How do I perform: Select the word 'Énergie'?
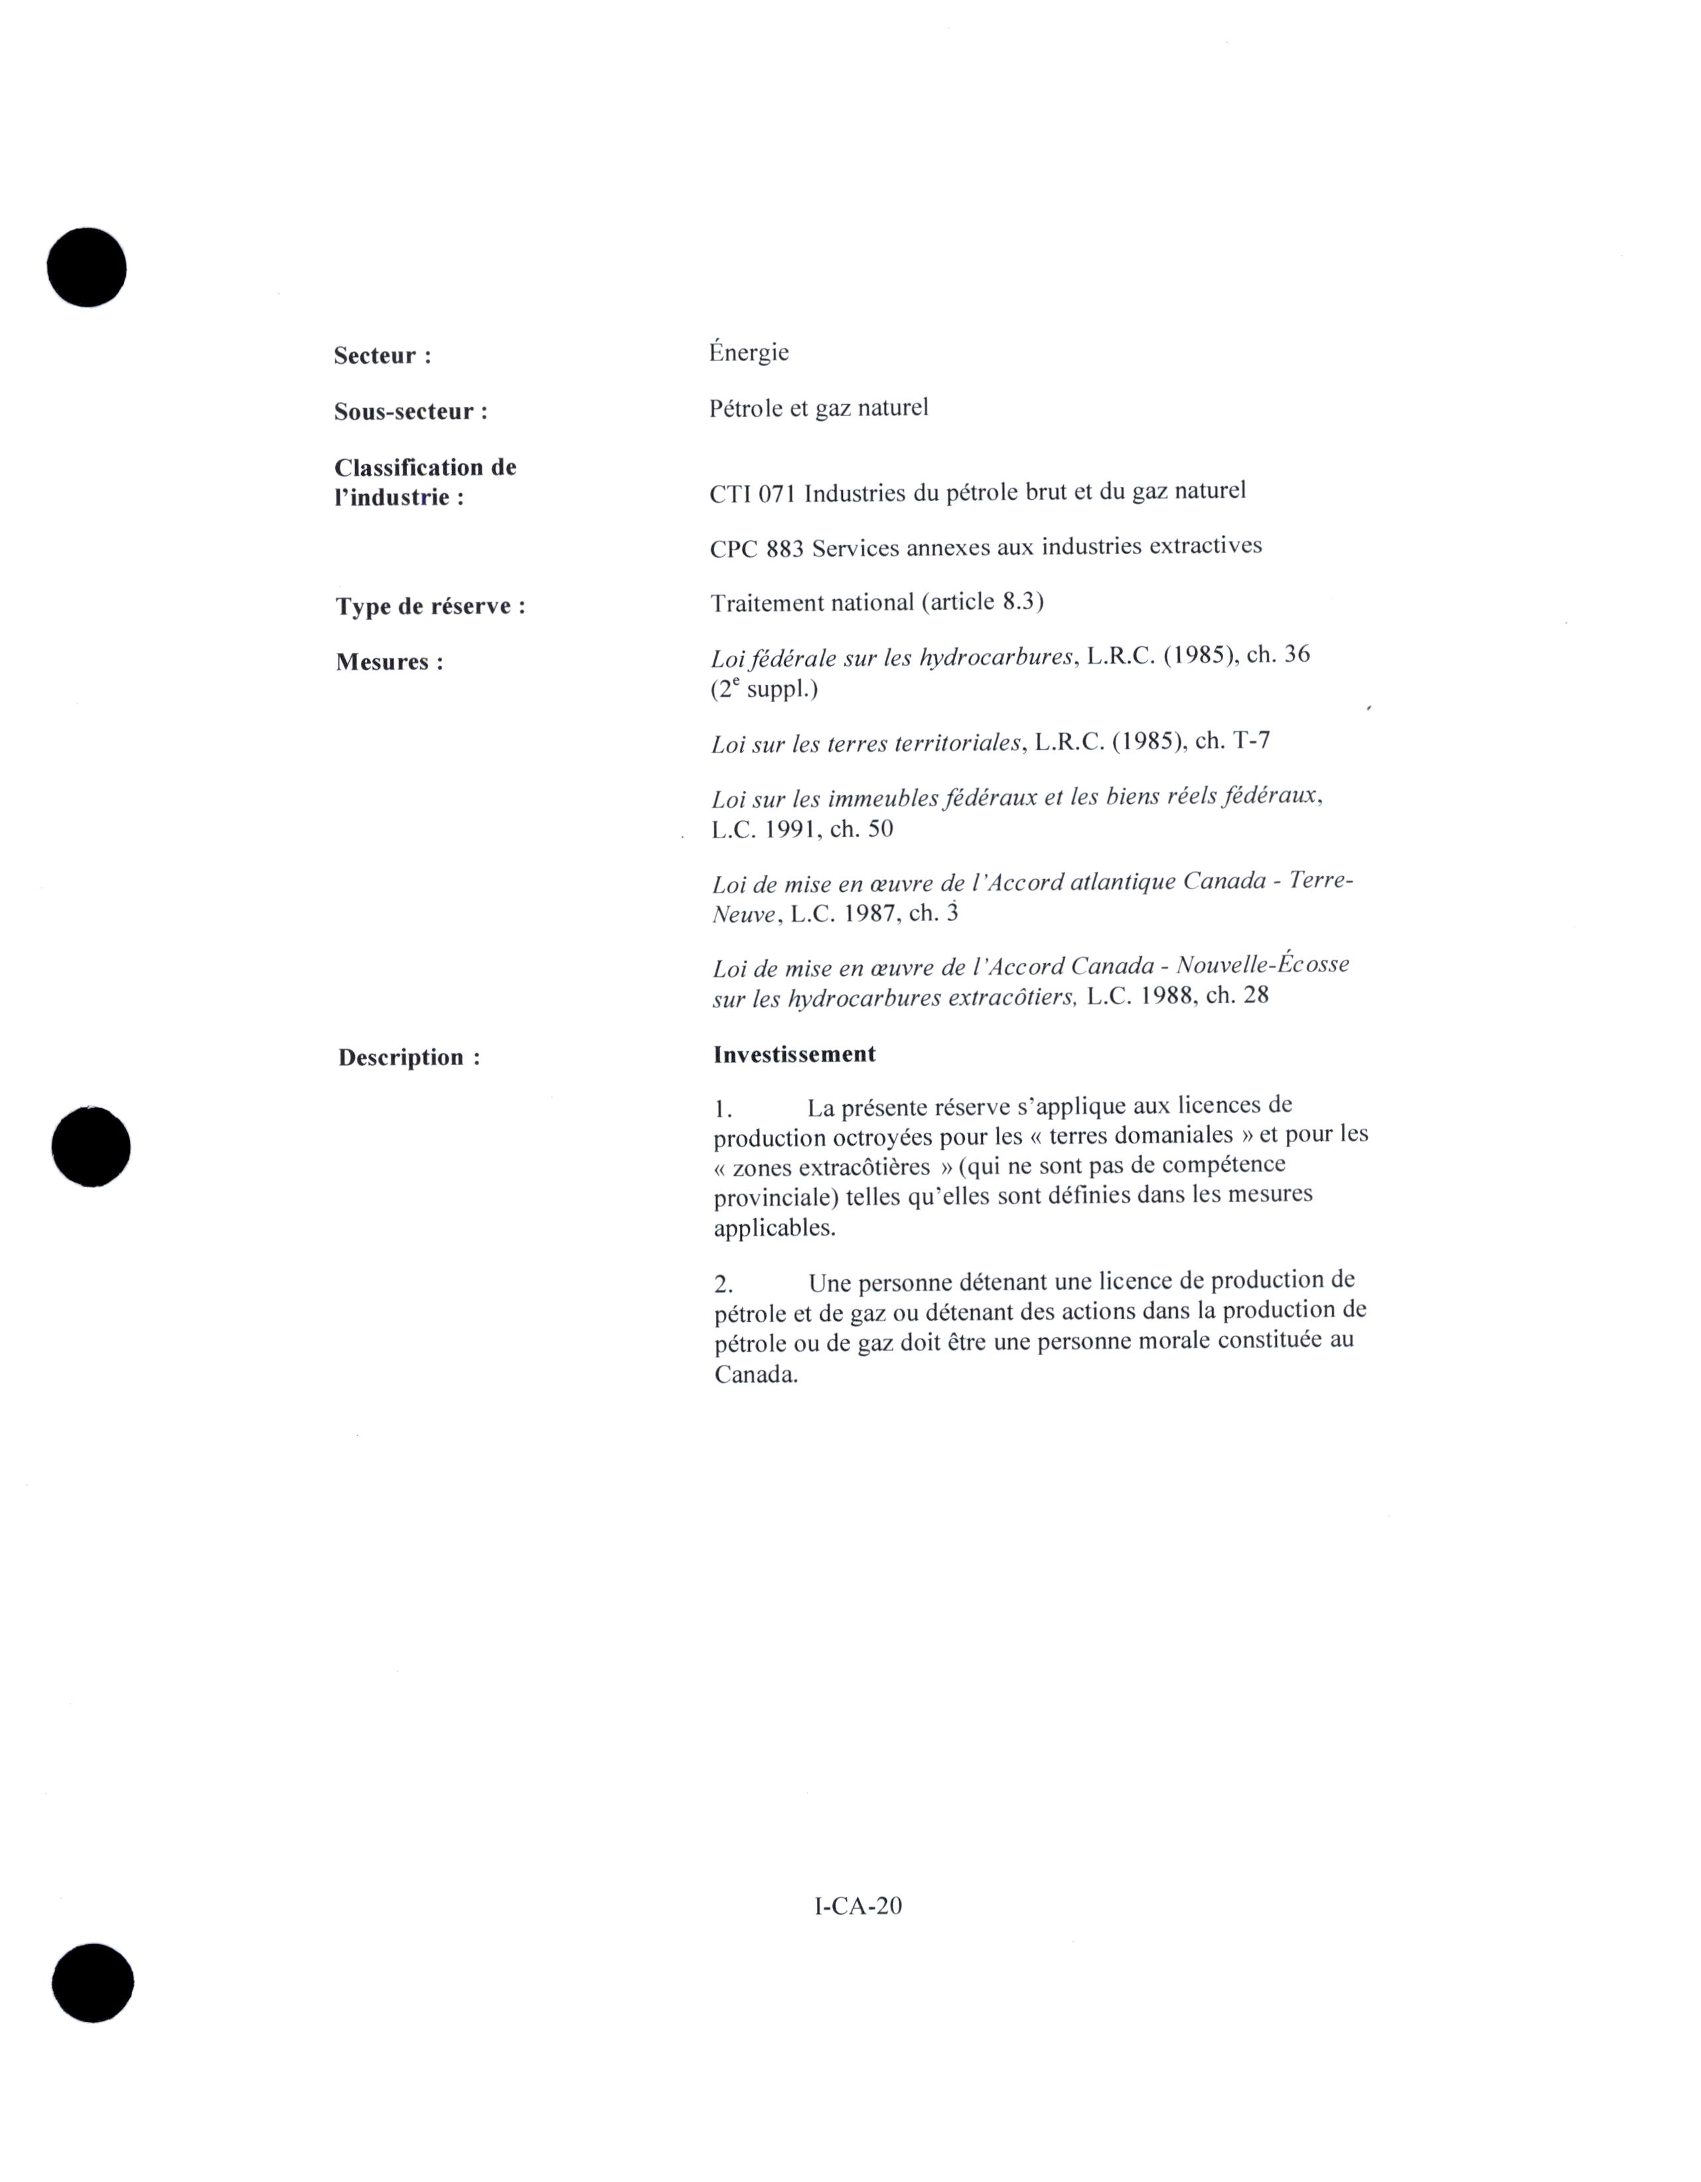coord(749,352)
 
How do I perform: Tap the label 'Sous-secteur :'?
coord(411,411)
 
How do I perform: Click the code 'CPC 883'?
coord(757,549)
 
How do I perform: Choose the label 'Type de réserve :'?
coord(431,607)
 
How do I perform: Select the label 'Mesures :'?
coord(390,662)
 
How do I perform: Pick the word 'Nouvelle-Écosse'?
coord(1262,965)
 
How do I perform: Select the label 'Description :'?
coord(409,1057)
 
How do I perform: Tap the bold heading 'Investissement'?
coord(794,1054)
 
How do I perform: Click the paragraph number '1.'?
coord(723,1109)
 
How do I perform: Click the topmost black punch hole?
coord(87,267)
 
